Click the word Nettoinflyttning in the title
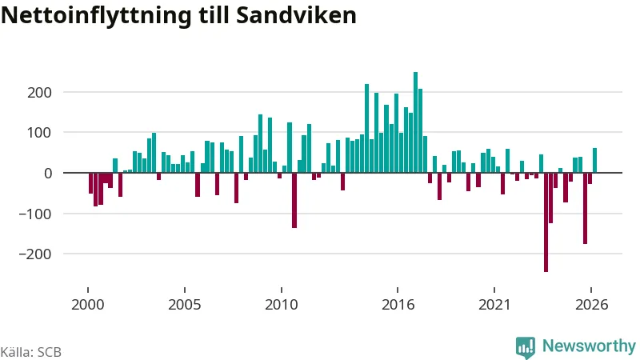96,16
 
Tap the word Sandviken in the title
296,15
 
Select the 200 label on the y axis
39,93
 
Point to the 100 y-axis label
39,133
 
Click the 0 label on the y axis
48,173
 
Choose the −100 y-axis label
35,214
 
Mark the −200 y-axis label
35,254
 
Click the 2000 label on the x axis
88,305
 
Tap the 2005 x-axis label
185,305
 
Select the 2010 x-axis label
282,305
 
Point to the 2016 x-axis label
398,305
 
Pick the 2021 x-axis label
494,305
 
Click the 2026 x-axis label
591,305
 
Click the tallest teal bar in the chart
415,122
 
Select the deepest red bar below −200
546,222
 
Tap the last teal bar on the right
594,161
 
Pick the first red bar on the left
90,183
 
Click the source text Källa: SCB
31,352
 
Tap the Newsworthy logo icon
526,348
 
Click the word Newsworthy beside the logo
589,346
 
